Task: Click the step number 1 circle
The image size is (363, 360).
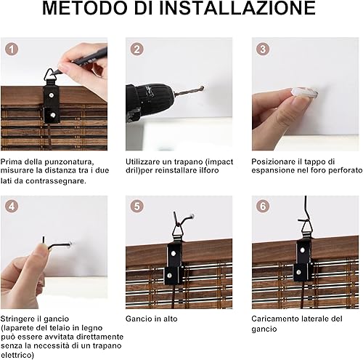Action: [12, 49]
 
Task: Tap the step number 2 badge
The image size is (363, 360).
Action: [137, 49]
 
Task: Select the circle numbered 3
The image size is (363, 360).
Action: [263, 49]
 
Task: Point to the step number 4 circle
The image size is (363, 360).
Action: [12, 207]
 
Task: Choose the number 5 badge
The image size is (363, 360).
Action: [137, 207]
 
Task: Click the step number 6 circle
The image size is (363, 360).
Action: [263, 207]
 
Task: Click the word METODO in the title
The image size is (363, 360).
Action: [85, 8]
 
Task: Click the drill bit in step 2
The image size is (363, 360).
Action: [189, 91]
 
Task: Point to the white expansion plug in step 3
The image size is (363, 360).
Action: [304, 93]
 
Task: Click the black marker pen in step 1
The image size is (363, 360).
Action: [82, 60]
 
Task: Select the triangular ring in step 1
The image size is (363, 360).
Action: [50, 76]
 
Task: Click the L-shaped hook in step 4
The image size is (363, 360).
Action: [57, 244]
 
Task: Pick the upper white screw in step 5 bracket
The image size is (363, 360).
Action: [174, 254]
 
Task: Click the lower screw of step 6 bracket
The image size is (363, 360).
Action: [299, 272]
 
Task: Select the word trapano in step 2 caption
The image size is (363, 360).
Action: [183, 161]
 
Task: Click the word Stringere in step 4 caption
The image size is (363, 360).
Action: [17, 319]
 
